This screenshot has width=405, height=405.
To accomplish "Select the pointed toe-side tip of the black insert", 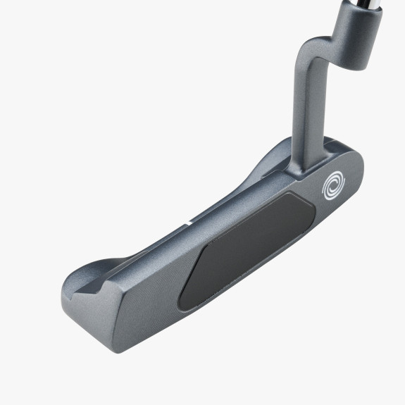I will [x=182, y=299].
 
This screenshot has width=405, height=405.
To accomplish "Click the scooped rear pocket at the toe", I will [x=92, y=270].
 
